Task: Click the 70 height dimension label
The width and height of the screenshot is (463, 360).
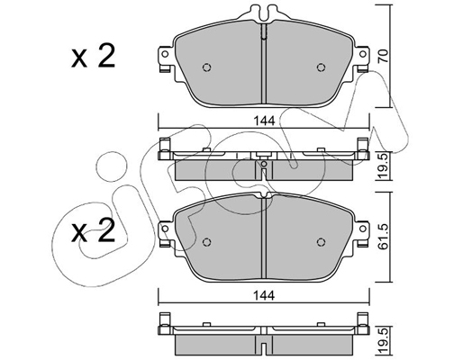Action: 383,56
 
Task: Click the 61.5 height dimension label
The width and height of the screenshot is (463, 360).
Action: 383,237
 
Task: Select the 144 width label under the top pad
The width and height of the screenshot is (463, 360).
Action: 264,121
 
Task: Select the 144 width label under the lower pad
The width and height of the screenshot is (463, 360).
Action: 264,296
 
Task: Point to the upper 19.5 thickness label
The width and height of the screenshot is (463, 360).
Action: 383,166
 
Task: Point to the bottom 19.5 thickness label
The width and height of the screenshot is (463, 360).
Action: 383,340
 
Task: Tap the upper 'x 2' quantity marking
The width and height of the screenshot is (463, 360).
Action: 94,56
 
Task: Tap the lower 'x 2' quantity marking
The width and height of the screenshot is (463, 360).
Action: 94,230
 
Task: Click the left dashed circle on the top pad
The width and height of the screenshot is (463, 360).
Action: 207,67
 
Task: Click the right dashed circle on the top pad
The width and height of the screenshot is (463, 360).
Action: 321,67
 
